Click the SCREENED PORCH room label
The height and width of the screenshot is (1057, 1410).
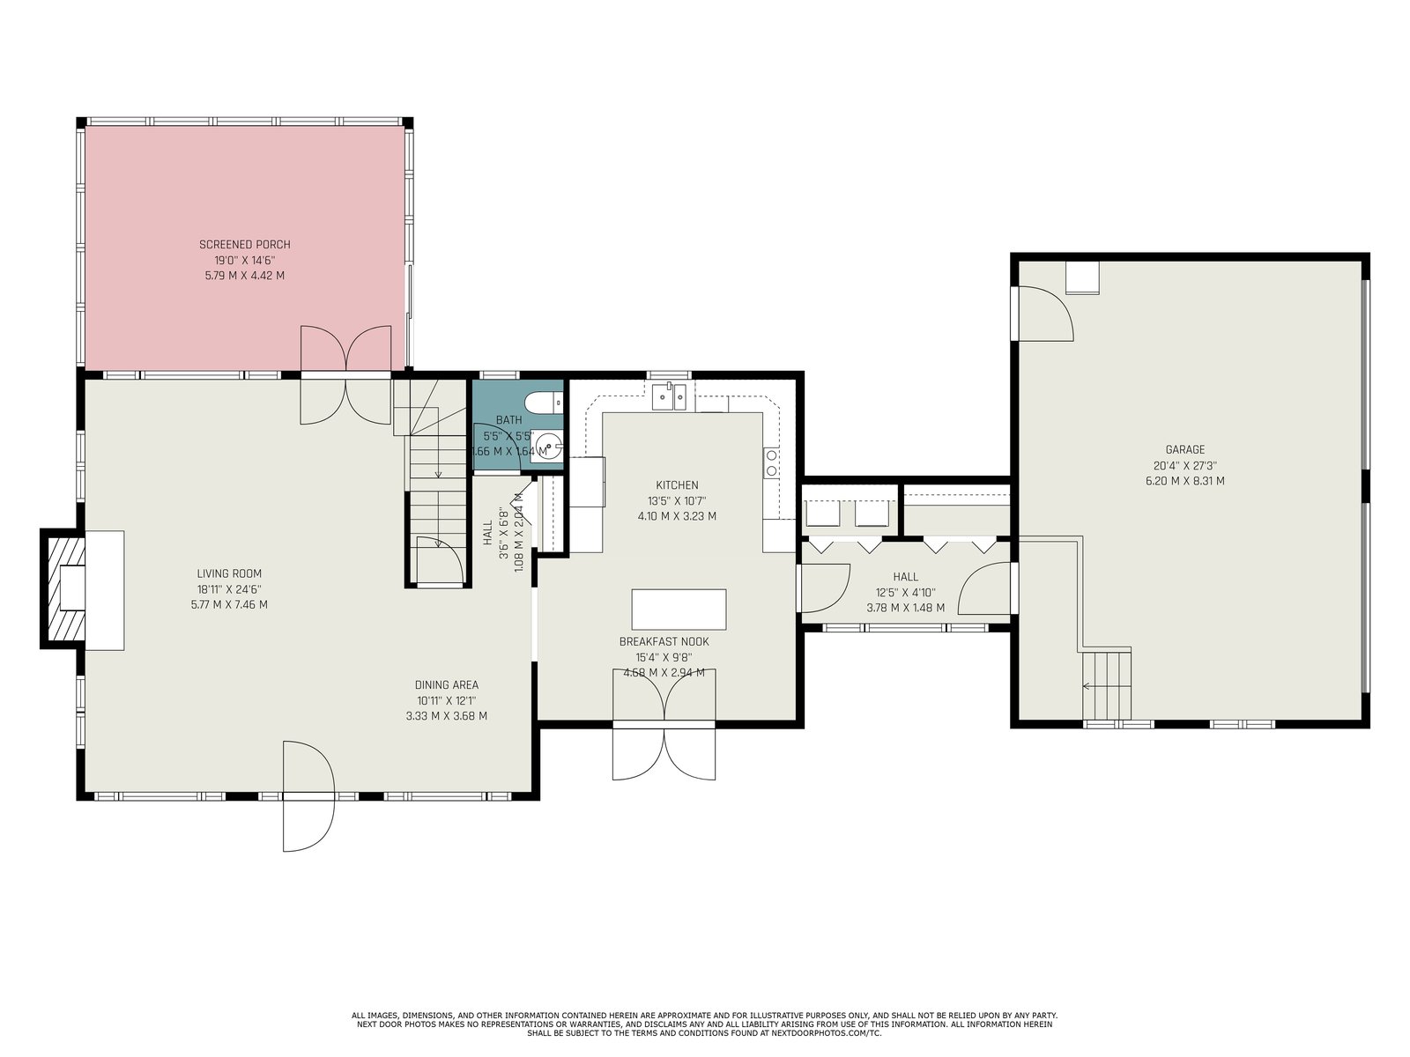point(245,245)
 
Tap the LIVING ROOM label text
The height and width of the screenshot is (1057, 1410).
point(229,573)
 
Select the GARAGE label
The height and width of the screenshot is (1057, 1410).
point(1185,450)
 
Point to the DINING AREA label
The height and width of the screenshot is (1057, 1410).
point(447,684)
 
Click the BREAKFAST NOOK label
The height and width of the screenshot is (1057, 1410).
point(664,642)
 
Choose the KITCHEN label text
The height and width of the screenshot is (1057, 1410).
point(677,485)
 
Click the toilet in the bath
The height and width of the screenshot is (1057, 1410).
point(544,403)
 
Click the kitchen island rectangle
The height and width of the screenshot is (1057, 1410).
point(679,610)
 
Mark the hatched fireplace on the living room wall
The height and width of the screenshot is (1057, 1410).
point(63,589)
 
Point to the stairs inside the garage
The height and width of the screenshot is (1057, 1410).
point(1106,685)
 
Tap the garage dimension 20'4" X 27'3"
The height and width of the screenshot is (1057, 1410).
point(1185,465)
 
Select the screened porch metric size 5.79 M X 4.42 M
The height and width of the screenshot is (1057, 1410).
point(245,276)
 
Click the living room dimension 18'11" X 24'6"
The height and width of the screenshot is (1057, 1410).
point(229,589)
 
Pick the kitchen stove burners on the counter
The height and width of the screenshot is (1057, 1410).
point(771,462)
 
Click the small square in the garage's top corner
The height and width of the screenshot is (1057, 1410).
point(1082,277)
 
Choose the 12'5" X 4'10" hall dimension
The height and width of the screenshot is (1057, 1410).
point(905,592)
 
